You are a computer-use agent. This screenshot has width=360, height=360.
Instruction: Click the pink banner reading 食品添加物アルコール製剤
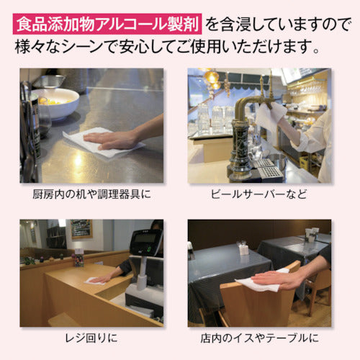tap(107, 24)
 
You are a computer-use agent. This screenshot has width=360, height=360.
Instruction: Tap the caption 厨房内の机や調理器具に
tap(91, 194)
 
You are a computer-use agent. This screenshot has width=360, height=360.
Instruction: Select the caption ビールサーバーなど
tap(259, 194)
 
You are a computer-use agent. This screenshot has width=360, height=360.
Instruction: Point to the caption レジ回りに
tap(91, 338)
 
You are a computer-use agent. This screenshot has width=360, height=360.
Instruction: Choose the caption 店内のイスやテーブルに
tap(259, 338)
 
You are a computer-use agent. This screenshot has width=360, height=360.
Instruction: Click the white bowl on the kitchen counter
tap(56, 103)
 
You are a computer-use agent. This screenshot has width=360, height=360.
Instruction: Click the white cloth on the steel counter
tap(103, 143)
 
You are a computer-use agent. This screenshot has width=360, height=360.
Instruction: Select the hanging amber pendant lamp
tap(212, 76)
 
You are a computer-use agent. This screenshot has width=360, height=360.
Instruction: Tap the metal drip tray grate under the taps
tap(268, 168)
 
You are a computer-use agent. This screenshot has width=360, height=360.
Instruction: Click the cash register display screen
tap(145, 238)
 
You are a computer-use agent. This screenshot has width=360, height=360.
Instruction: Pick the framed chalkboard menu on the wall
tap(81, 229)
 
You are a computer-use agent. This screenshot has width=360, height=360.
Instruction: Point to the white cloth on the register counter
tap(94, 282)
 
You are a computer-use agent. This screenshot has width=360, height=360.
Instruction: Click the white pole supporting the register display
tap(142, 271)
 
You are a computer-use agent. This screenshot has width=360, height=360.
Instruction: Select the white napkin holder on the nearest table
tap(244, 250)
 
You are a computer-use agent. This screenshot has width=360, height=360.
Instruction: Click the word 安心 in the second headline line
tap(134, 46)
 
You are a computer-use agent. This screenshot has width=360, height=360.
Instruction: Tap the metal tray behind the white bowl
tap(49, 81)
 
